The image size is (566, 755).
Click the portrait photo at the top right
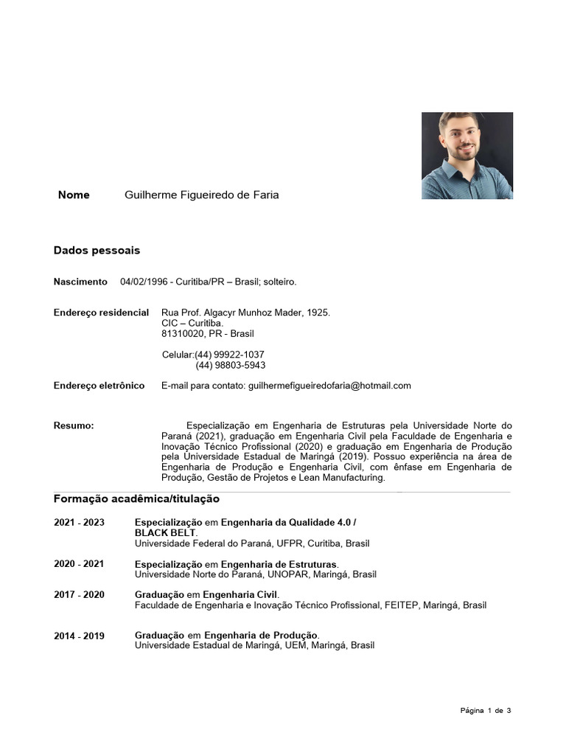pos(467,156)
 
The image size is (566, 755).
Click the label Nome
pos(74,195)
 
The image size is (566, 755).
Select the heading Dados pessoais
pos(97,251)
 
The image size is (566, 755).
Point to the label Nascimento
pos(80,282)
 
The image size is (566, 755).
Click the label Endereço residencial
pos(101,313)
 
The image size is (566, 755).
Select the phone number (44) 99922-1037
pos(229,355)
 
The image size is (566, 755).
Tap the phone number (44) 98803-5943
pos(230,365)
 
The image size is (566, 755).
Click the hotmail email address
pos(330,386)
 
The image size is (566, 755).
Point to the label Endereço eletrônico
pos(99,386)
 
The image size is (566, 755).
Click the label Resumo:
pos(74,426)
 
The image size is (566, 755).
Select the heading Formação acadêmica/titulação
pos(136,499)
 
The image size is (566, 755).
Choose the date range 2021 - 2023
pos(79,523)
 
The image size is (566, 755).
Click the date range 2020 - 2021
pos(79,564)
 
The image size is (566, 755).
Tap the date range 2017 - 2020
pos(79,595)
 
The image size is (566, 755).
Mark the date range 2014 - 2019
pos(79,636)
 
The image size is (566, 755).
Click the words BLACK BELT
pos(165,533)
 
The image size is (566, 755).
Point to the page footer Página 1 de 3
pos(486,711)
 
